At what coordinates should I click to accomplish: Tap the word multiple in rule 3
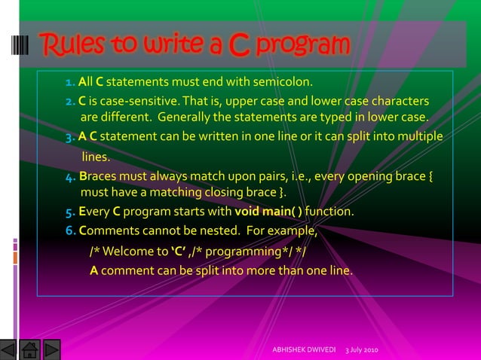coord(415,136)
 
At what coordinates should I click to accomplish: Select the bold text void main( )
coord(268,212)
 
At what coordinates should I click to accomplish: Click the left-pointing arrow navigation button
coord(9,351)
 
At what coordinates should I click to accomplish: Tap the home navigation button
coord(30,351)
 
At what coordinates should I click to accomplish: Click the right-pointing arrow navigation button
coord(51,351)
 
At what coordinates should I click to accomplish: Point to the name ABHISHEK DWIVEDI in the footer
coord(303,352)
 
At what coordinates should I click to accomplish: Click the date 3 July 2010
coord(363,352)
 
